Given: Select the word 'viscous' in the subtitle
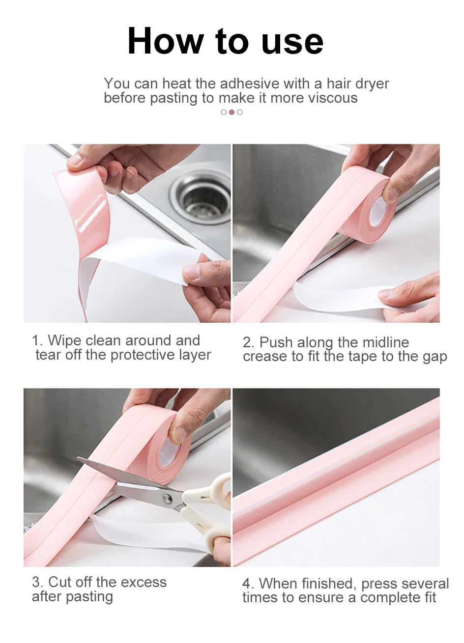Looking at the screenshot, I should tap(333, 98).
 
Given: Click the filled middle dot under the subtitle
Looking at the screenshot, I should tap(232, 112).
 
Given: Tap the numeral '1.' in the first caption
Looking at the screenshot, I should tap(37, 340).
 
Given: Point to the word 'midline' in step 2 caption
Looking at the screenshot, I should tap(385, 342).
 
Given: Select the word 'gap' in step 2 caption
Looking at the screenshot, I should tap(435, 357).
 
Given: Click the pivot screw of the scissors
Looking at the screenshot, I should tap(168, 499).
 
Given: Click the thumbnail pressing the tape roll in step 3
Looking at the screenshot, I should tap(178, 434).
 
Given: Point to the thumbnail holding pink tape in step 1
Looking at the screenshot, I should tap(75, 160).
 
